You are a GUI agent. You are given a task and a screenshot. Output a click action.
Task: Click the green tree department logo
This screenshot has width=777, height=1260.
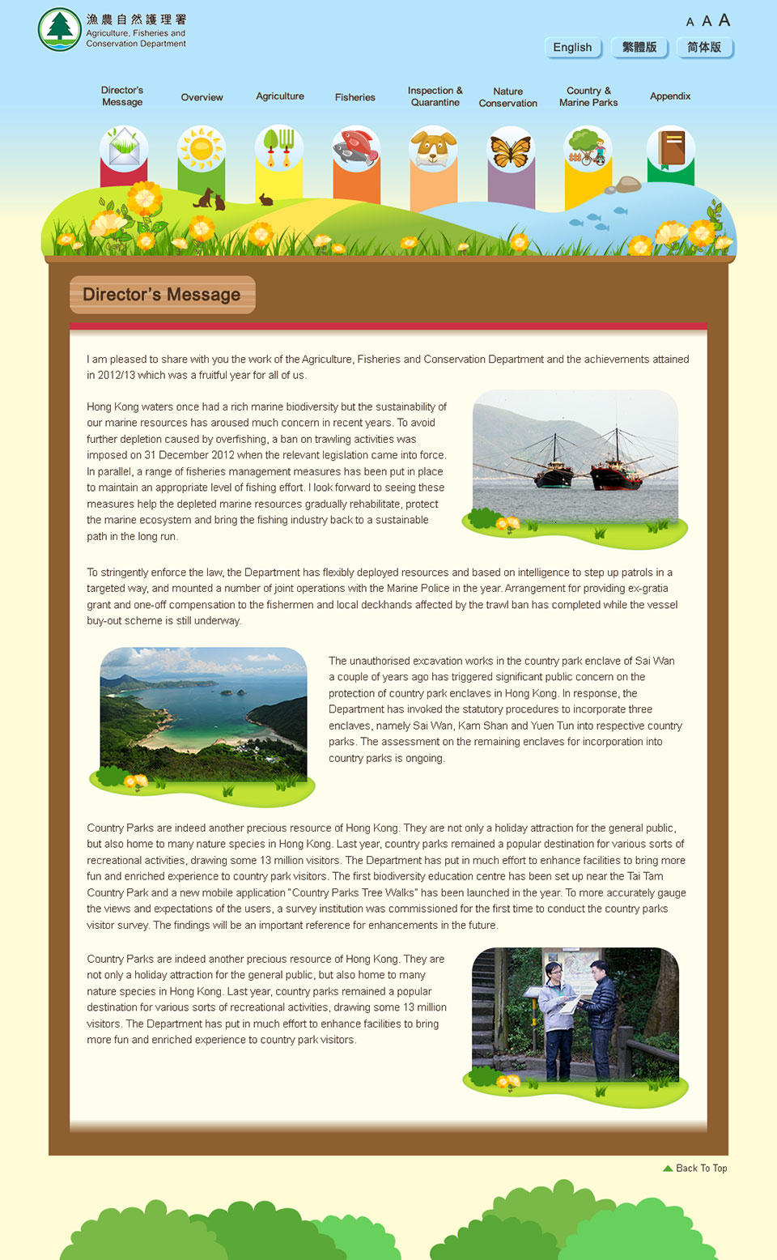tap(59, 29)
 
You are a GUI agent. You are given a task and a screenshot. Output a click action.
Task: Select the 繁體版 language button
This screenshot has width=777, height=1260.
tap(639, 48)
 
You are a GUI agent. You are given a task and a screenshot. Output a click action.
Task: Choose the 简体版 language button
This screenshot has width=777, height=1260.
tap(704, 48)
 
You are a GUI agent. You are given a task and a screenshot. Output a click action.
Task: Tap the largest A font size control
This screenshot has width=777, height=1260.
tap(724, 20)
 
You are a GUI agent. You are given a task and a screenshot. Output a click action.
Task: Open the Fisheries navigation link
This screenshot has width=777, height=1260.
tap(355, 97)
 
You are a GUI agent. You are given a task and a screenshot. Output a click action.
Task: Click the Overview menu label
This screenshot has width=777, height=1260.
tap(202, 97)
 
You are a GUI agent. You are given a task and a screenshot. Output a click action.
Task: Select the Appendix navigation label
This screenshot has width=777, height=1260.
tap(670, 96)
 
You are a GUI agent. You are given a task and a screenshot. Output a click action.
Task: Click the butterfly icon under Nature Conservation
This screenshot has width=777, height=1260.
tap(511, 150)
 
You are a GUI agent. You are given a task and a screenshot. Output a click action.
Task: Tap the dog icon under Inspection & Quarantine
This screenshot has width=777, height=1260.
tap(433, 149)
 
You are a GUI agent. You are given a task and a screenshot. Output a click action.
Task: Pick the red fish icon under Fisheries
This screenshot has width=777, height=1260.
tap(356, 148)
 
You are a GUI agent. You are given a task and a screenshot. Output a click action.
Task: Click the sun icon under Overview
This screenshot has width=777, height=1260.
tap(202, 148)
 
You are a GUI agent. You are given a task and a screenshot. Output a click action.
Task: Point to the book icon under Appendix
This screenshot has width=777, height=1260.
tap(670, 148)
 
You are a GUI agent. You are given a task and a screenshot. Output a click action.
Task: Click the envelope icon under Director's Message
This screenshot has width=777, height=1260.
tap(124, 148)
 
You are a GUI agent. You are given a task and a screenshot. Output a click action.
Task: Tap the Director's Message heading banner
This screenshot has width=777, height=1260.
tap(163, 295)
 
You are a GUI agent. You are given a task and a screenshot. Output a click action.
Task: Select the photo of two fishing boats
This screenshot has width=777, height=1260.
tap(575, 458)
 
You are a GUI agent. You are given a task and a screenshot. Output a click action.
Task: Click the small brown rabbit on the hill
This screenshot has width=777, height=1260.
tap(265, 199)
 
